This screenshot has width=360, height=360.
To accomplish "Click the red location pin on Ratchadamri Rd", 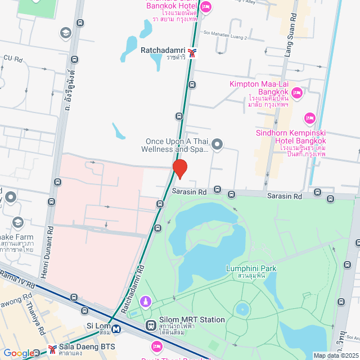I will coord(179,168).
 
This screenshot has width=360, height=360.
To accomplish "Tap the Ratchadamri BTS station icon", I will coord(193,53).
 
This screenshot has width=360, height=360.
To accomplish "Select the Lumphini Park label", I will coord(250,268).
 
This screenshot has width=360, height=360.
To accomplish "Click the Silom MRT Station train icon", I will coord(151,325).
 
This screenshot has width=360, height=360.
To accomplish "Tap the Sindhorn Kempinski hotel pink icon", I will coord(309,118).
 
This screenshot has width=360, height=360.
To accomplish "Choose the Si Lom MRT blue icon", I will coord(116,329).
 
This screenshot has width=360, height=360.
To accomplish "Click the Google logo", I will coord(19,353).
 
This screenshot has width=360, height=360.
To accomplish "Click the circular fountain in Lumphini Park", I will coord(242,309).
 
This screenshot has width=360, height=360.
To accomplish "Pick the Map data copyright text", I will coord(336,355).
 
